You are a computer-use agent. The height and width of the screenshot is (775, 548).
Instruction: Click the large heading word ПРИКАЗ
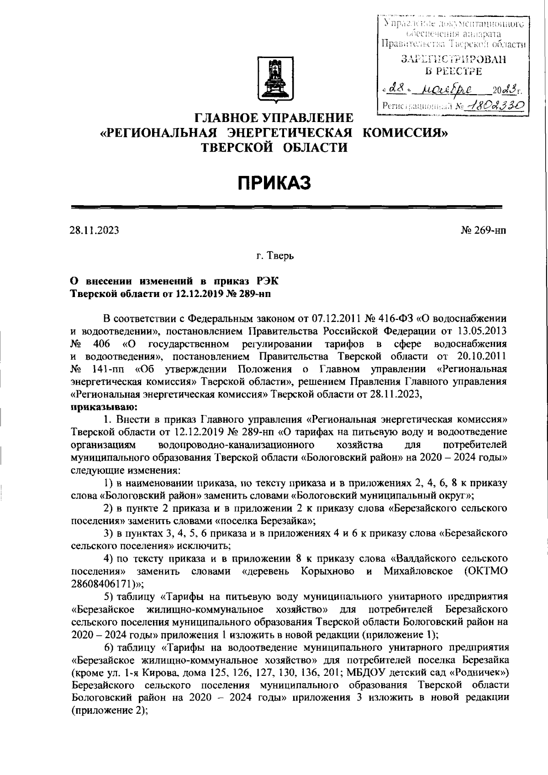click(x=274, y=183)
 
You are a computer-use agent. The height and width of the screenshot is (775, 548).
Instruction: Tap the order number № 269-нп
click(x=484, y=230)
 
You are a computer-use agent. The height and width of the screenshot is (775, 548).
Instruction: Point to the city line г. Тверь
click(x=275, y=256)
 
